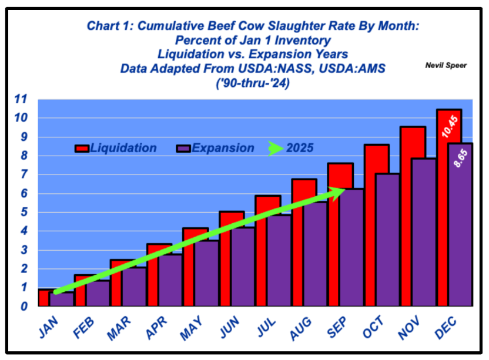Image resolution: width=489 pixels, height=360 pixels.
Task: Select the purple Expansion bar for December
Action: tap(461, 224)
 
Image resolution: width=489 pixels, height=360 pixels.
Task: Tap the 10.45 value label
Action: tap(450, 126)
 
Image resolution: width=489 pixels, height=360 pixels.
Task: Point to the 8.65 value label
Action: tap(461, 159)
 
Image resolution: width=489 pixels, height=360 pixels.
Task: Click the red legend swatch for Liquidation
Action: tap(82, 149)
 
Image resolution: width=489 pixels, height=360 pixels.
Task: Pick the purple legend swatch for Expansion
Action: tap(183, 149)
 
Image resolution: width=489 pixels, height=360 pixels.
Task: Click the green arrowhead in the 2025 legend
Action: tap(276, 149)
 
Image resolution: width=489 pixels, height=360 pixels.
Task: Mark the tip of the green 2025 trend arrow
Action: tap(345, 189)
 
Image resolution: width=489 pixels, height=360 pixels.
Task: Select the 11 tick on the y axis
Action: tap(21, 99)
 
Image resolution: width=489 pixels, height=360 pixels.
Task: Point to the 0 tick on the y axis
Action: tap(24, 306)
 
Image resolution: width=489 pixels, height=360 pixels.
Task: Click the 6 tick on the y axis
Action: tap(24, 194)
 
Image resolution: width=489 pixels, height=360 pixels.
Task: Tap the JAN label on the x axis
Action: tap(48, 327)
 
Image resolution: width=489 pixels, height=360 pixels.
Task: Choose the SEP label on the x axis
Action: tap(337, 327)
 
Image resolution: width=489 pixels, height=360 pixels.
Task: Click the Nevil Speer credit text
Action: tap(446, 65)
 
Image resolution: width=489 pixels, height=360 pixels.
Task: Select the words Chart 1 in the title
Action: tap(110, 26)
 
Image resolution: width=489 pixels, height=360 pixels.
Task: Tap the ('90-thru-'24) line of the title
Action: tap(253, 83)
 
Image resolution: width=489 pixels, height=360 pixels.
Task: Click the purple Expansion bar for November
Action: tap(424, 232)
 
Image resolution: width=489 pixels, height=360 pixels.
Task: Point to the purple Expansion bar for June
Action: tap(243, 267)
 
